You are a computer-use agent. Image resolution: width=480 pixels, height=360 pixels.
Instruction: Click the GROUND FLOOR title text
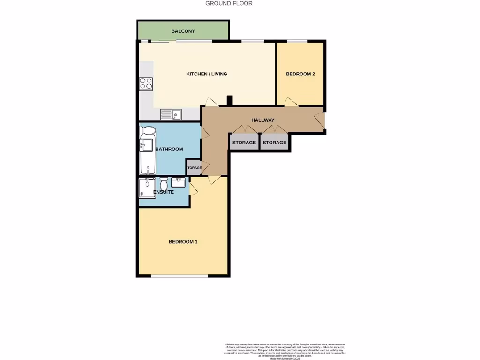pos(229,3)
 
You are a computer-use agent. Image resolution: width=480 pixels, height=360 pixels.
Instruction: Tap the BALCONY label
pos(183,31)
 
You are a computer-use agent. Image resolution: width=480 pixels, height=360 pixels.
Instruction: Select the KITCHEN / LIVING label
pos(207,74)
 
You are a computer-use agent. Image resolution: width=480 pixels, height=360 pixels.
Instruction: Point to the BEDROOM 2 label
pos(300,74)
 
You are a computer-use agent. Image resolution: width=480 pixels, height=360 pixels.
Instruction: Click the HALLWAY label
pos(262,120)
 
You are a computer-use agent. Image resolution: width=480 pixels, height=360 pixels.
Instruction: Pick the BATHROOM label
pos(169,149)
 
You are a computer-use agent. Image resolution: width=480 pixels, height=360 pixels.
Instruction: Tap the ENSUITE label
pos(165,192)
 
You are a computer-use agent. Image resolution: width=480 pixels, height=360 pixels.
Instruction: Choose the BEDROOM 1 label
pos(183,242)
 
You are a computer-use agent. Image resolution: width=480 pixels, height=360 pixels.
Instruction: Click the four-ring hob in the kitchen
pos(146,84)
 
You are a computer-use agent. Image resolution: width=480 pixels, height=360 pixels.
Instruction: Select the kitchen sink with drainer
pos(171,114)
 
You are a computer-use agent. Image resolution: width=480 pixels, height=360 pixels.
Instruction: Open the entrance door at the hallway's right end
pos(320,120)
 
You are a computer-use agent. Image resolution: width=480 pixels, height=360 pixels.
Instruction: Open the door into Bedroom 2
pos(291,102)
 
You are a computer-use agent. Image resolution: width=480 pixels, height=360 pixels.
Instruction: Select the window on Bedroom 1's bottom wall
pos(180,276)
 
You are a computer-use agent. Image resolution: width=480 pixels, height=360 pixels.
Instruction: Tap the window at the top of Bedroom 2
pos(297,41)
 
